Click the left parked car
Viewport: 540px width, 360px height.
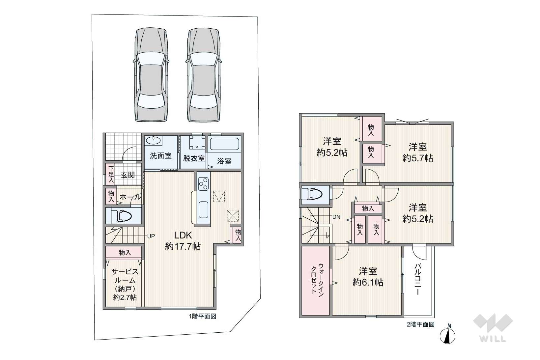(151, 74)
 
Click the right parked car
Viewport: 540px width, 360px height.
(204, 75)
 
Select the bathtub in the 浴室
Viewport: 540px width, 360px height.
(224, 144)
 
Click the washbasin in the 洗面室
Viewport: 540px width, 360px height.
(153, 141)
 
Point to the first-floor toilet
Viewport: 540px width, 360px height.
(121, 216)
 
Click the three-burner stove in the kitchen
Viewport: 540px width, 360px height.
(203, 184)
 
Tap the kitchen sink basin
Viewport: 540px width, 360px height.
(203, 209)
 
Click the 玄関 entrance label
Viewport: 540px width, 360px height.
(128, 175)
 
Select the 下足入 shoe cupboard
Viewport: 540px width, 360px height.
(111, 174)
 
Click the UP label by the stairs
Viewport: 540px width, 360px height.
(151, 236)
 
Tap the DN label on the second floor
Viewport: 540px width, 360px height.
(336, 217)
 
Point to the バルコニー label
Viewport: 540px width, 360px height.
(418, 280)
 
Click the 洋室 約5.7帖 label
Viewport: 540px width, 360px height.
(417, 152)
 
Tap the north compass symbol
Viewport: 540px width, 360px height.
(447, 335)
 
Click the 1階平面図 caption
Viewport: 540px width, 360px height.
(203, 316)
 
